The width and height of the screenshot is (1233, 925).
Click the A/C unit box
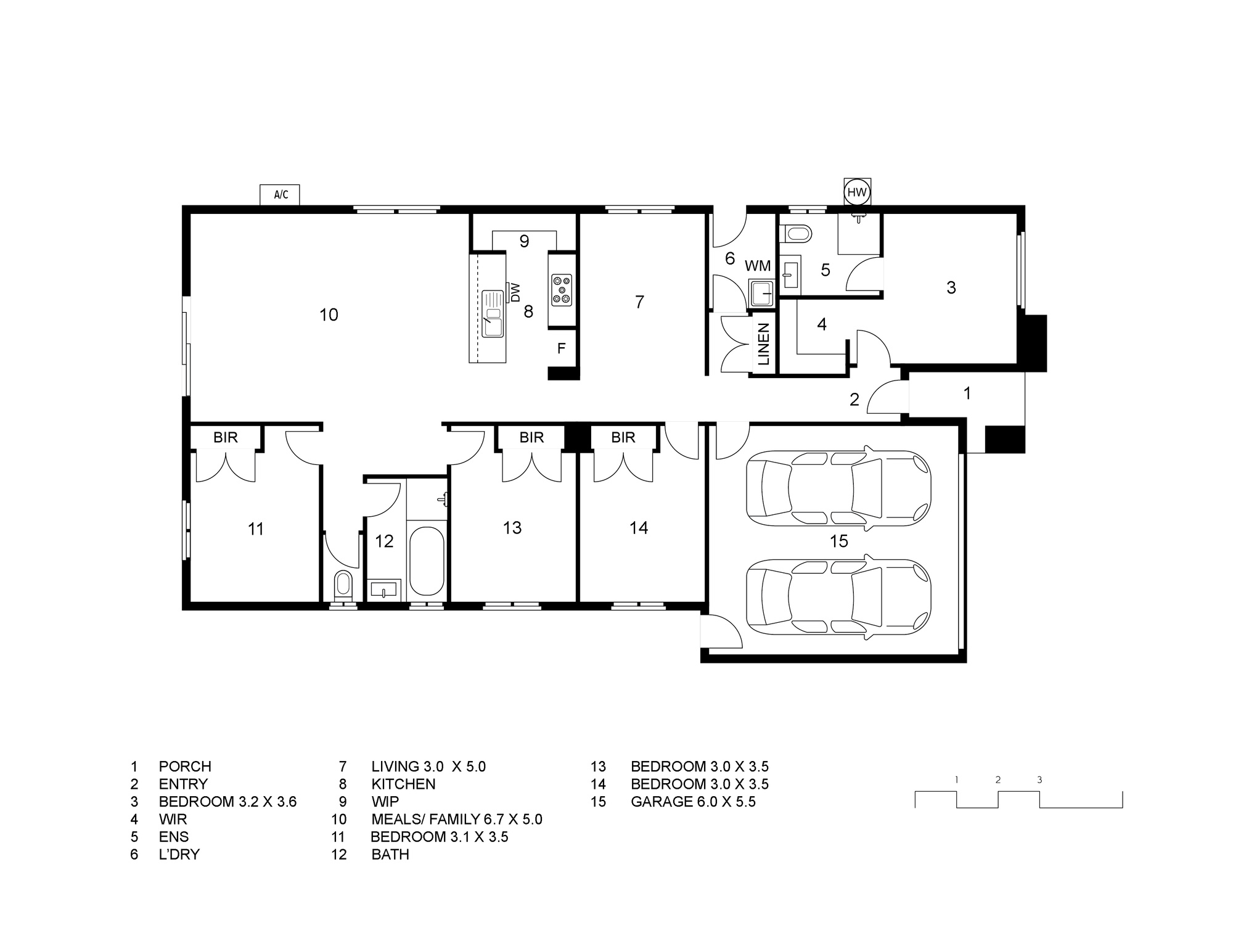(x=281, y=195)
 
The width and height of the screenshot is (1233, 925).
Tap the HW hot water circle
(x=857, y=192)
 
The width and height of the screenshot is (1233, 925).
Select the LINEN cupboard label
(x=764, y=344)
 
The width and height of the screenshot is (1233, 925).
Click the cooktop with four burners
(x=562, y=290)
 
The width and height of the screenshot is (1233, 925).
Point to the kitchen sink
(x=493, y=314)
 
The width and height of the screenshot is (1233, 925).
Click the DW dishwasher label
(x=515, y=292)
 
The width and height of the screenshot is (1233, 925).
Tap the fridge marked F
(x=562, y=349)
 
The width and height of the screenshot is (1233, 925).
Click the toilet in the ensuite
(x=796, y=234)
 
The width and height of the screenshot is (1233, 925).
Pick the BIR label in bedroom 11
(x=226, y=437)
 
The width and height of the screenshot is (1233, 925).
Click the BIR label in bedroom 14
(x=623, y=437)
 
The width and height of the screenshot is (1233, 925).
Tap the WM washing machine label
(x=758, y=266)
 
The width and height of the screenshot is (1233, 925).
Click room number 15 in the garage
(x=839, y=541)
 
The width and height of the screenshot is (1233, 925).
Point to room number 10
(x=329, y=315)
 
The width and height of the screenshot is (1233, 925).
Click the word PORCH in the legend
(x=185, y=767)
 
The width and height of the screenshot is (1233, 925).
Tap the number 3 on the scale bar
(x=1039, y=779)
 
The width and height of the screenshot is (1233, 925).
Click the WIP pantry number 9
(x=524, y=241)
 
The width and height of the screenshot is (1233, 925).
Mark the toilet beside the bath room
(x=343, y=585)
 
